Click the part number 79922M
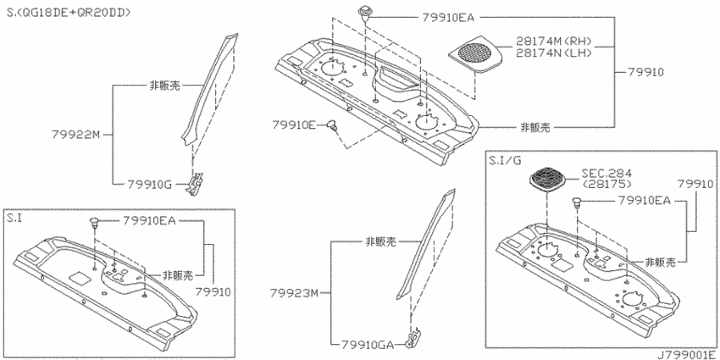pos(75,135)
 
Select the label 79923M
pos(294,292)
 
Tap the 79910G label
pos(149,185)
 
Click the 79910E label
pos(294,125)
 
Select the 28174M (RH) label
pos(553,42)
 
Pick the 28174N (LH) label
pos(553,53)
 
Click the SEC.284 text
pos(606,173)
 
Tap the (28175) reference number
pos(606,184)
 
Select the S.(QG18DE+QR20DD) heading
pos(69,13)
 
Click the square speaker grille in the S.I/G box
pos(548,178)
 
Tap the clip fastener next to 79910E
pos(332,125)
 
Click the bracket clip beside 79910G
pos(195,183)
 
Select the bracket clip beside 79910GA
pos(413,337)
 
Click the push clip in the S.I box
pos(95,223)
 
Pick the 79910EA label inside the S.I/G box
pos(645,200)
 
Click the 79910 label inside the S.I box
pos(213,292)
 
